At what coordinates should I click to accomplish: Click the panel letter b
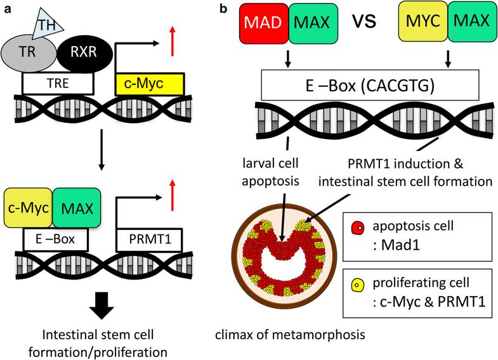click(x=223, y=8)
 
